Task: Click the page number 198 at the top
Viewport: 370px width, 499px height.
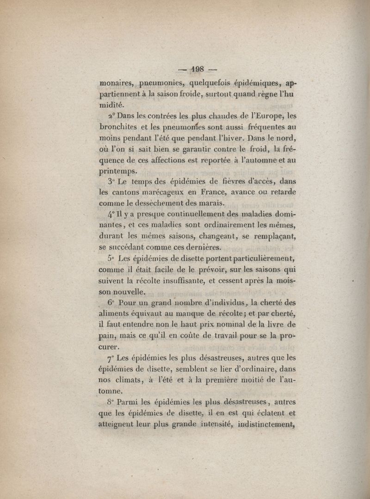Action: pos(197,70)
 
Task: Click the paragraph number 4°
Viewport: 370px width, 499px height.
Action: pos(111,215)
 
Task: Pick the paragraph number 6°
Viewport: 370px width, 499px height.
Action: pos(111,303)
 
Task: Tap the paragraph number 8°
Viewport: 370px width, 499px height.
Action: pos(111,403)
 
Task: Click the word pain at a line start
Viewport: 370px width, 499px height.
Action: pos(107,335)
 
